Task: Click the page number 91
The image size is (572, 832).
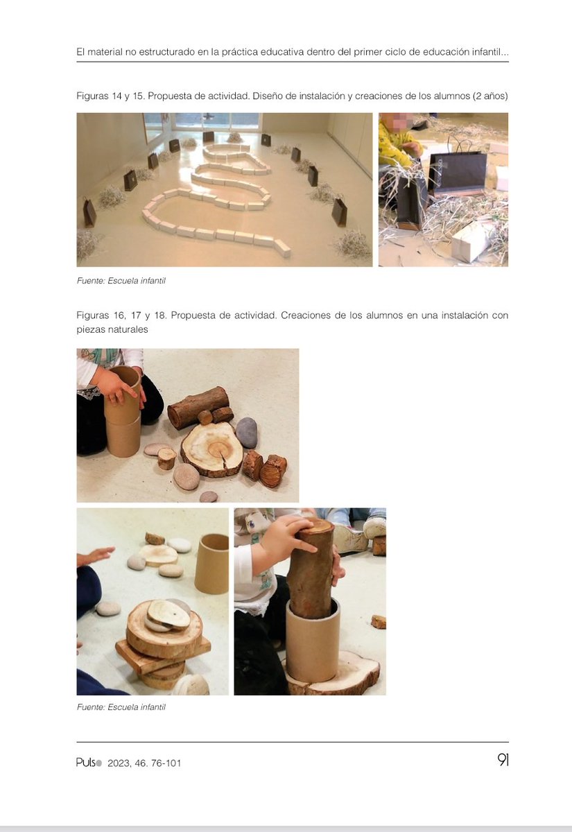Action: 502,761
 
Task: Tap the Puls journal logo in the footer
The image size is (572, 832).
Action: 89,763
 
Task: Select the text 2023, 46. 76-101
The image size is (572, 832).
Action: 144,763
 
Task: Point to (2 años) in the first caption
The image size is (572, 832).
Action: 490,95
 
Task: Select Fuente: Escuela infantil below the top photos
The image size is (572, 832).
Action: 121,281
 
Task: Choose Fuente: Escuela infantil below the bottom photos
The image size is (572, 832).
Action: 121,708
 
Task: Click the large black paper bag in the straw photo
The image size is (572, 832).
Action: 456,173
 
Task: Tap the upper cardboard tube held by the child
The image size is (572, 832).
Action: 123,395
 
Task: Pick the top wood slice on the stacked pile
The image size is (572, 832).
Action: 168,616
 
